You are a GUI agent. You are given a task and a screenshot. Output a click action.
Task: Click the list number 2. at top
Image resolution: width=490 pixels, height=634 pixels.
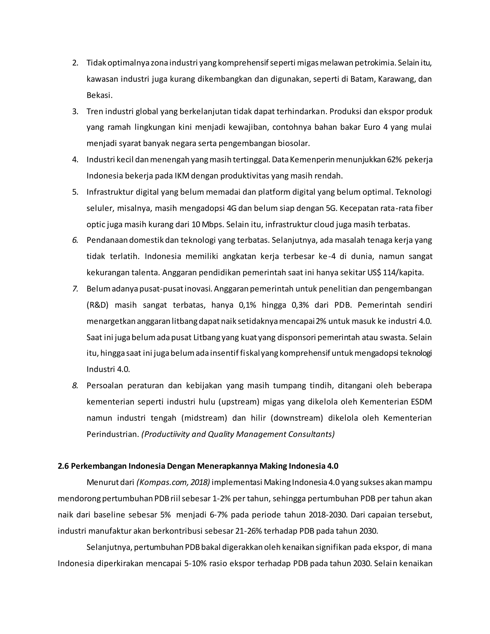(75, 63)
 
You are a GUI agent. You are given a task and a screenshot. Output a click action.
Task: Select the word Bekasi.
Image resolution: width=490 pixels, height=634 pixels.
(99, 95)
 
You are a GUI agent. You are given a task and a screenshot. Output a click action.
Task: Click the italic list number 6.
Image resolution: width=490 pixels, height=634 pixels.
(75, 240)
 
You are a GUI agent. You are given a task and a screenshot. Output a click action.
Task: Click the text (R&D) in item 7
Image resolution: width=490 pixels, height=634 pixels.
(97, 305)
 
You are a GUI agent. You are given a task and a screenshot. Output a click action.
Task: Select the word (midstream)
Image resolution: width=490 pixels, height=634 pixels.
(204, 418)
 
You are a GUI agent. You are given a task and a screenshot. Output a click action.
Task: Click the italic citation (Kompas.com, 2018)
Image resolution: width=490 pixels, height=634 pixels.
(173, 483)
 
